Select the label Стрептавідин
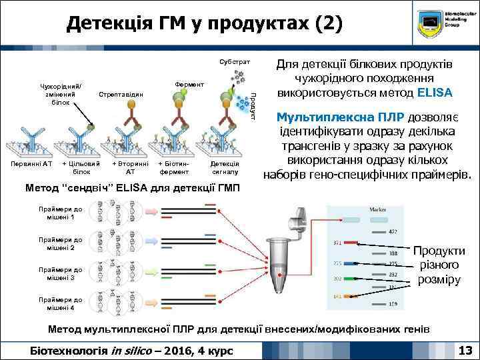tap(121, 95)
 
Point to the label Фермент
tap(189, 85)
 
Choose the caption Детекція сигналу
tap(225, 167)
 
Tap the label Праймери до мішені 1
tap(61, 213)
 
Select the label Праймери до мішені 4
tap(61, 304)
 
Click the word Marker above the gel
tap(379, 210)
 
